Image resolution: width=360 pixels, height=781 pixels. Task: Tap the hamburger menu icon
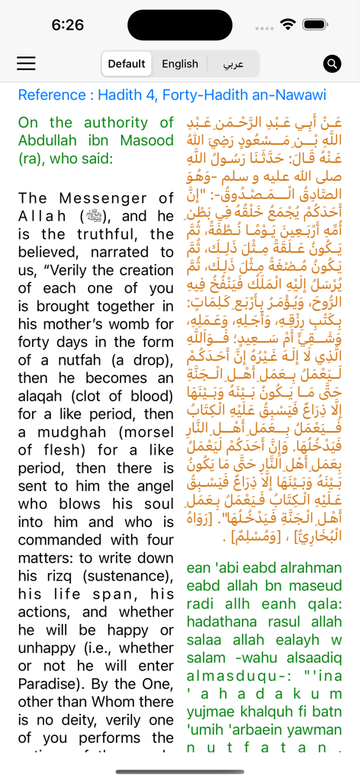[x=27, y=63]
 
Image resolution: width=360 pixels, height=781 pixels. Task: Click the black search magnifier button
[x=332, y=63]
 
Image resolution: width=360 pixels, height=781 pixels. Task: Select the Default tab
[x=127, y=64]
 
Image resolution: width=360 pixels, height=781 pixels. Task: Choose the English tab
[x=180, y=64]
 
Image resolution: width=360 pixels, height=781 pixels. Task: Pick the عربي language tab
[x=233, y=64]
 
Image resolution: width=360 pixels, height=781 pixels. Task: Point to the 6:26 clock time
[x=68, y=25]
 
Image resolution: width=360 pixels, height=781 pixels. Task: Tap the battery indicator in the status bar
[x=313, y=24]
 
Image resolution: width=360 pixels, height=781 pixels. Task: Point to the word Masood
[x=143, y=140]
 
